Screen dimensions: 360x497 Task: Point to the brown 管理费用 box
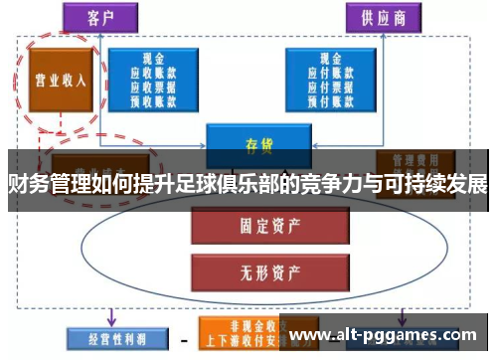(x=415, y=160)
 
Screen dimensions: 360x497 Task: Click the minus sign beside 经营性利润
(x=185, y=339)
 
